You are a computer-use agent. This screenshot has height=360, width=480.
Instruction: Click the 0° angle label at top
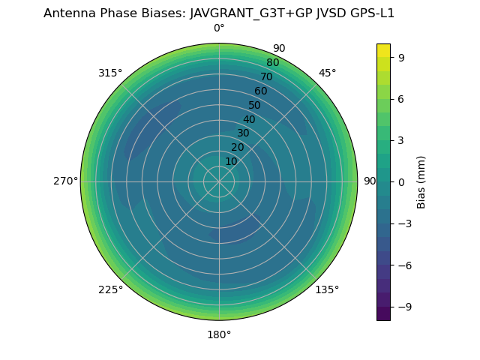click(219, 28)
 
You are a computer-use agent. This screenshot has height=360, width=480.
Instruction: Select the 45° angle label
click(327, 73)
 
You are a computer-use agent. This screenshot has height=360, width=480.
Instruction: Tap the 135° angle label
click(327, 289)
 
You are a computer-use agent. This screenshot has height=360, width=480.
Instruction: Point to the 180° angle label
click(219, 334)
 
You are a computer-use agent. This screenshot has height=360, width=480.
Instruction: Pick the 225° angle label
click(110, 289)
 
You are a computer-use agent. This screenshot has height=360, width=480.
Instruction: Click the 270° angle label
click(66, 181)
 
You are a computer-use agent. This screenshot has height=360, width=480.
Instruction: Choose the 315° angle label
click(110, 73)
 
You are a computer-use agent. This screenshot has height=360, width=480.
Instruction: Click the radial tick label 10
click(232, 161)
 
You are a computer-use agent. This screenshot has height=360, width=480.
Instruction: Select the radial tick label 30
click(243, 133)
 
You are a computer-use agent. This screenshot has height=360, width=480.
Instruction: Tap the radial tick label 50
click(255, 105)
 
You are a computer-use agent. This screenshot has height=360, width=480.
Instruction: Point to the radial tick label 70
click(266, 76)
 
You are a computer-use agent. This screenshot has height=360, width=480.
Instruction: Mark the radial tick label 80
click(272, 63)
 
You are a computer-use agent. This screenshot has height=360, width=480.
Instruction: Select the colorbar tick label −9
click(403, 307)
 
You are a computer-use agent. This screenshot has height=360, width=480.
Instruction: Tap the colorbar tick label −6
click(403, 265)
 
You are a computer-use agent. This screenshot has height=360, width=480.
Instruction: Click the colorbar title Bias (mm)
click(421, 181)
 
